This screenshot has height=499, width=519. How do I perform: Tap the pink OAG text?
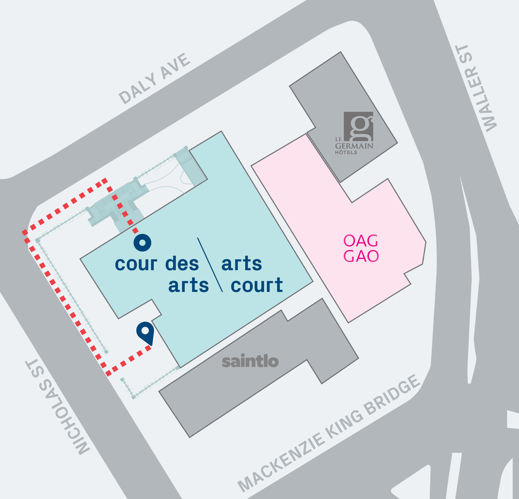pyautogui.click(x=361, y=241)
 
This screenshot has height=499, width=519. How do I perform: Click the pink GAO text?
pyautogui.click(x=361, y=256)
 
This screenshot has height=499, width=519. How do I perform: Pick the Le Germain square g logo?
pyautogui.click(x=358, y=126)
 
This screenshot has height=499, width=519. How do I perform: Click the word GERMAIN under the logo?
pyautogui.click(x=354, y=146)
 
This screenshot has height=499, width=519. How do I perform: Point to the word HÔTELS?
pyautogui.click(x=346, y=153)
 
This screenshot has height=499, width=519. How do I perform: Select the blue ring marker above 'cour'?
pyautogui.click(x=142, y=242)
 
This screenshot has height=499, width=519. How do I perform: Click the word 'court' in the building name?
pyautogui.click(x=257, y=285)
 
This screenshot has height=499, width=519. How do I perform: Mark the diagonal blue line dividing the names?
pyautogui.click(x=210, y=265)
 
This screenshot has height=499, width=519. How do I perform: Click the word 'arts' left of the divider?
pyautogui.click(x=189, y=285)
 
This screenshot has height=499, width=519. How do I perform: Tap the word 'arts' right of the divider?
pyautogui.click(x=241, y=264)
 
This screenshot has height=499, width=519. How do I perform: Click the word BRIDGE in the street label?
pyautogui.click(x=393, y=396)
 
